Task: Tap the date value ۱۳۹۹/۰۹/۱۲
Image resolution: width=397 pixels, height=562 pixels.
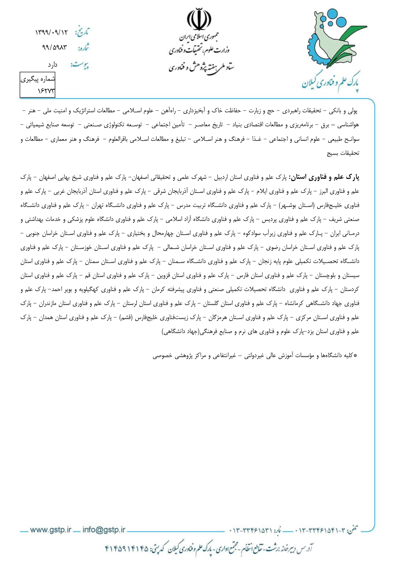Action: tap(52, 32)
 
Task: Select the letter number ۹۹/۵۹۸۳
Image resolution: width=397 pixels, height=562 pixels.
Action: tap(54, 47)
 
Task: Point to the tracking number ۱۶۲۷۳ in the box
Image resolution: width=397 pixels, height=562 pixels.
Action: tap(46, 91)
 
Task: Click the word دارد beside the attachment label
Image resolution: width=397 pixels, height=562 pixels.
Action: tap(53, 65)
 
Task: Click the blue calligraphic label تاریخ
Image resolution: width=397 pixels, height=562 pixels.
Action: tap(82, 32)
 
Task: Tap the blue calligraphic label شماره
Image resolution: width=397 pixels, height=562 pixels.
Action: tap(83, 48)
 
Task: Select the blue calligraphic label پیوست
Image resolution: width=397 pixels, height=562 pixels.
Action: tap(80, 65)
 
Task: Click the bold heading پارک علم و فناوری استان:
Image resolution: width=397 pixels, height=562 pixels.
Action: tap(325, 177)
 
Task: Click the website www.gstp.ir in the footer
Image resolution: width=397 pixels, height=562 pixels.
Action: tap(50, 530)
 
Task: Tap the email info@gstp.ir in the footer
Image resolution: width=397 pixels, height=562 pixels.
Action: tap(104, 530)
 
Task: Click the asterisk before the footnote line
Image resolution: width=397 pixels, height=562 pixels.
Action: tap(355, 356)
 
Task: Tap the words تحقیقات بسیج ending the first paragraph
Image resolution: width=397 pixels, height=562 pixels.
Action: tap(343, 153)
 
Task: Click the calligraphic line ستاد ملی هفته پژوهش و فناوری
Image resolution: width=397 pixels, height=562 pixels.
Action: tap(201, 67)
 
